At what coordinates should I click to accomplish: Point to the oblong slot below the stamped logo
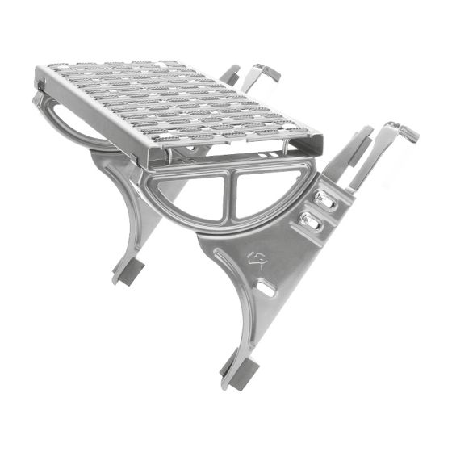point(264,287)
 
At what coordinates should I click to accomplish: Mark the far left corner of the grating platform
point(38,79)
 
